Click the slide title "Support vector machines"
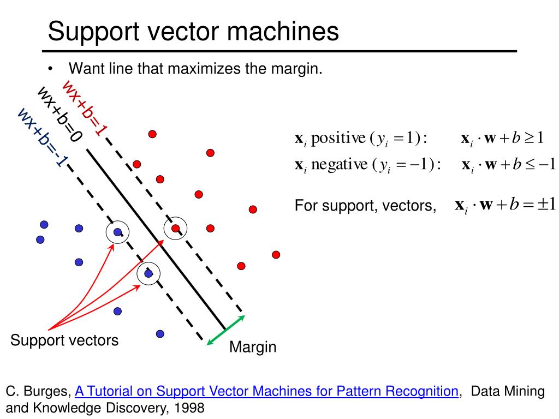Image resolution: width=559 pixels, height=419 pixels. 193,32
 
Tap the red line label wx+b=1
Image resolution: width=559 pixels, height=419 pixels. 85,107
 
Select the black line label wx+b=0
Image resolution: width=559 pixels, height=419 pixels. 60,115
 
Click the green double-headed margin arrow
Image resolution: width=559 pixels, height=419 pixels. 225,330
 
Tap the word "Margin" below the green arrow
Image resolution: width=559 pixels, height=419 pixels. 253,347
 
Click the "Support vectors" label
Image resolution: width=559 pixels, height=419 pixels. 64,341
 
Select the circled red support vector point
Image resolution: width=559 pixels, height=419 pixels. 176,228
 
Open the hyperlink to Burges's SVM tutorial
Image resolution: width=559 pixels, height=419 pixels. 266,391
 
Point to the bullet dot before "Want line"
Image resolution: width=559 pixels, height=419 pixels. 51,69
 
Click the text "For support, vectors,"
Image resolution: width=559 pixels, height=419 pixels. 366,206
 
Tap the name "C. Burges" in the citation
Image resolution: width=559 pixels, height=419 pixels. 38,391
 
